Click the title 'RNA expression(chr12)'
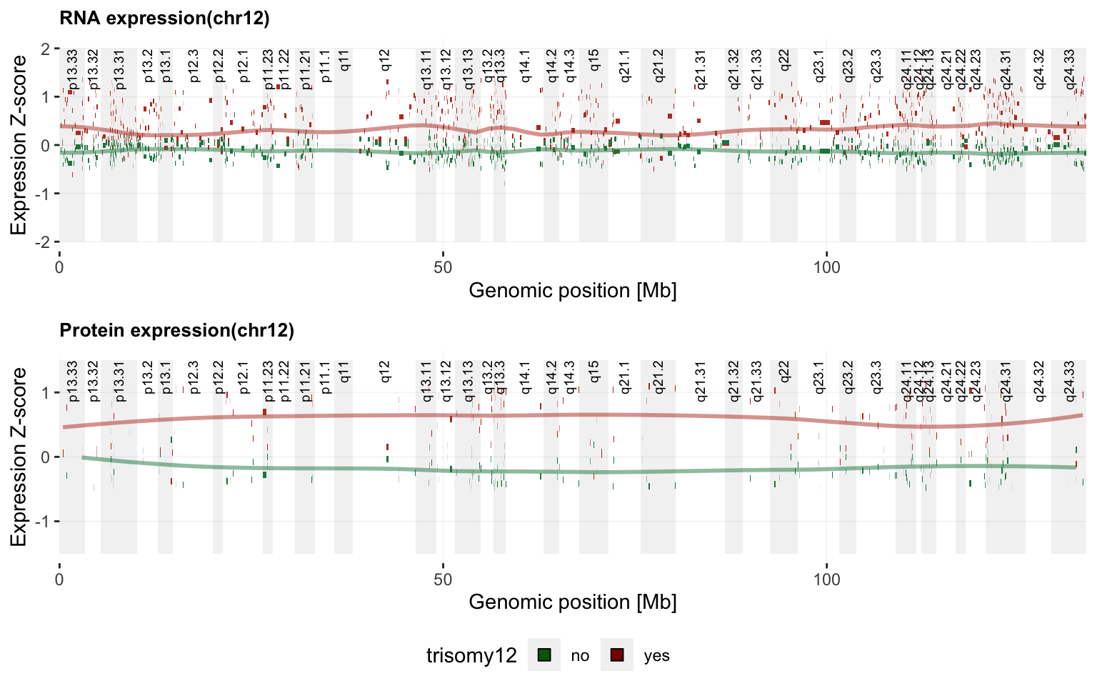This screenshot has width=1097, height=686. click(164, 19)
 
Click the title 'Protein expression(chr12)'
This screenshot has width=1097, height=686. click(176, 330)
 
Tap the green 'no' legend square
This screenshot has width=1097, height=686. click(544, 655)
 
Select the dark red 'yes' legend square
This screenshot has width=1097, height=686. click(617, 655)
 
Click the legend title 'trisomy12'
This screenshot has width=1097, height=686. click(471, 655)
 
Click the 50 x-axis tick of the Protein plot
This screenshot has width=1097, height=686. click(443, 578)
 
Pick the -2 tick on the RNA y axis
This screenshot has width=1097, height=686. click(45, 242)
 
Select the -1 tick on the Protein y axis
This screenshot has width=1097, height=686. click(45, 522)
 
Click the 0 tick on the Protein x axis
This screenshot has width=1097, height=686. click(59, 578)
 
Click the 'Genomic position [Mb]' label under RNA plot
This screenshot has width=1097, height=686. click(572, 290)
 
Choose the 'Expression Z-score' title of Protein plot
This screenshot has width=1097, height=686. click(19, 457)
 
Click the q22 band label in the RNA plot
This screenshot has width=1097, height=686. click(784, 59)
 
